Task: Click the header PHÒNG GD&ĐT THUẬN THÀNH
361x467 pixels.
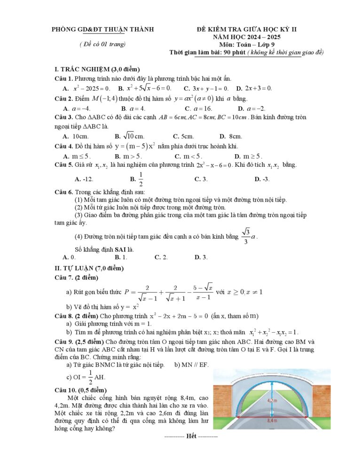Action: (103, 30)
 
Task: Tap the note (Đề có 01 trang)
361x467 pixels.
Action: (102, 45)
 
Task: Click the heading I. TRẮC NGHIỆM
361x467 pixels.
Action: (97, 70)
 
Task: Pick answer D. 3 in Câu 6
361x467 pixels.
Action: (201, 257)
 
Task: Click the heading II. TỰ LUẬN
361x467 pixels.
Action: (89, 268)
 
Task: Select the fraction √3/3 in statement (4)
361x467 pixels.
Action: (246, 237)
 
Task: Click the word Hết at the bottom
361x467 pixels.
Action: (191, 436)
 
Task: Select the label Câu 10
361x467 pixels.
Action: (65, 390)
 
